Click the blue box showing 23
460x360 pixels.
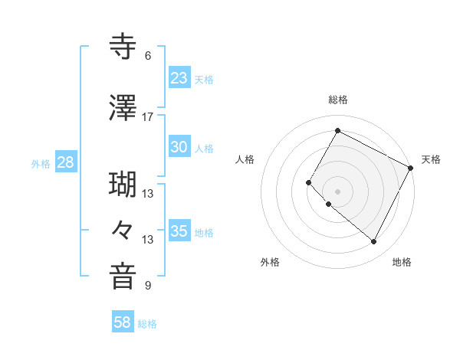(179, 78)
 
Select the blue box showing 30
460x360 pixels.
(179, 147)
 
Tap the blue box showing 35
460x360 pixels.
(179, 231)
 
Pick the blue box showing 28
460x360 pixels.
(65, 162)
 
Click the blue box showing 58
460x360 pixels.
(123, 323)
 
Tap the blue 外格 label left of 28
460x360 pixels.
(41, 163)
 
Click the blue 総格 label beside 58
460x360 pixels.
(147, 324)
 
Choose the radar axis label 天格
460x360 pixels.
(431, 159)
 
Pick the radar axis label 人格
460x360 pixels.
(245, 159)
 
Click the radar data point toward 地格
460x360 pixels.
(374, 242)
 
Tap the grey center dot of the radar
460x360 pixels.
(337, 191)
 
